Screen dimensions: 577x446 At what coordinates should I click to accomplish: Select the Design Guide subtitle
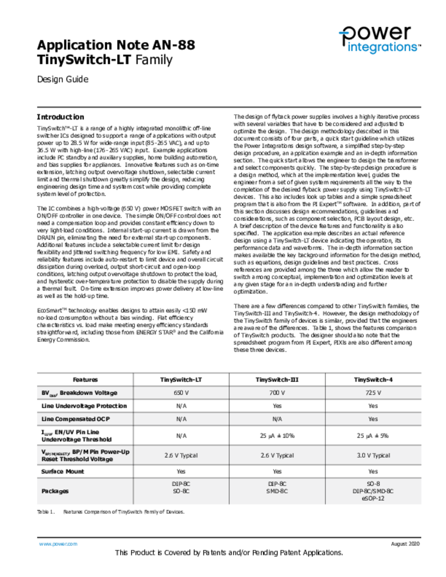(x=63, y=79)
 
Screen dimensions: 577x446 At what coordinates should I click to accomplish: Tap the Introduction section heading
(x=60, y=117)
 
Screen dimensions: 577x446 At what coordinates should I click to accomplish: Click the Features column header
(x=85, y=380)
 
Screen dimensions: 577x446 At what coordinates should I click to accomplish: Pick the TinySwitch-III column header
(x=277, y=380)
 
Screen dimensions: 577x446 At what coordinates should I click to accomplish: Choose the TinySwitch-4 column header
(x=373, y=380)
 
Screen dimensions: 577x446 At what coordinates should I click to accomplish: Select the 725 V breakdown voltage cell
(x=373, y=393)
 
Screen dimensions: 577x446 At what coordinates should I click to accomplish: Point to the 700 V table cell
(x=277, y=393)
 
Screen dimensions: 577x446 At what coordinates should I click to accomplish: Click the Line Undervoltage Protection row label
(x=83, y=406)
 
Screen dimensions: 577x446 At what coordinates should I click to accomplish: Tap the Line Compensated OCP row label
(x=76, y=419)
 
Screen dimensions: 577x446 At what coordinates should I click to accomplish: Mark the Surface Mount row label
(x=63, y=471)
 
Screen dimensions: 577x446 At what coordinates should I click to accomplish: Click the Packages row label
(x=55, y=491)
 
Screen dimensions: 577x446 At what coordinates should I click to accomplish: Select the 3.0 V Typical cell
(x=373, y=455)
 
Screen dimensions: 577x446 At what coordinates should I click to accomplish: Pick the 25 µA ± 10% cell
(x=277, y=436)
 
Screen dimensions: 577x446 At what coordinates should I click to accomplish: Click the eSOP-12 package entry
(x=373, y=498)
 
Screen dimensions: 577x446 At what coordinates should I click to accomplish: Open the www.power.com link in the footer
(x=58, y=544)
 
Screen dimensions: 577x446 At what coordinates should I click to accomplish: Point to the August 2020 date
(x=405, y=544)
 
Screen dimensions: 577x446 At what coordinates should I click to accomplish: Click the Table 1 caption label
(x=46, y=512)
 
